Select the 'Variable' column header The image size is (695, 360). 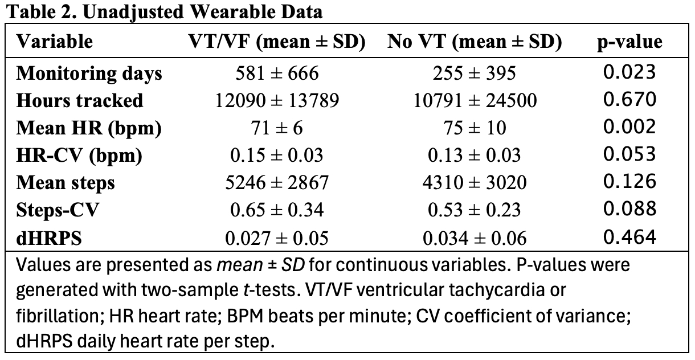(x=55, y=42)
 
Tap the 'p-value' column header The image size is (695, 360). (x=629, y=42)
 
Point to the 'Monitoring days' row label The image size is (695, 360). (x=89, y=73)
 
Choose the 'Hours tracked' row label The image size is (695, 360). (x=80, y=101)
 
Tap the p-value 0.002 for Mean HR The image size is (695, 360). (x=629, y=128)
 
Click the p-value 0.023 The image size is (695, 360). (x=629, y=73)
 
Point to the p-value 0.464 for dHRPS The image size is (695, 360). (x=629, y=237)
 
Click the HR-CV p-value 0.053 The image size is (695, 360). (x=629, y=155)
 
